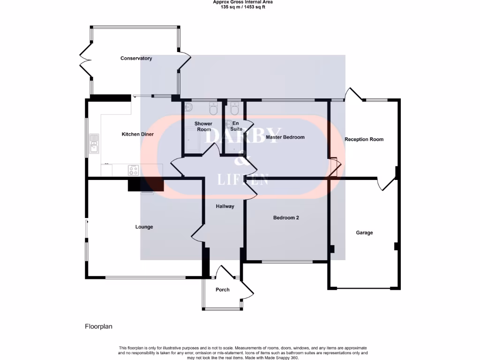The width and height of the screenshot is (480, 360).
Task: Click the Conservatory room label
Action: (136, 59)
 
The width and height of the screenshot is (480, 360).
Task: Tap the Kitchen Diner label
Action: (138, 135)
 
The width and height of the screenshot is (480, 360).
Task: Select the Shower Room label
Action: (203, 127)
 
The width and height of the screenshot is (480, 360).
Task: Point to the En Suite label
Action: (236, 126)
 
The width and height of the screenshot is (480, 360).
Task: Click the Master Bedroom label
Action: (285, 137)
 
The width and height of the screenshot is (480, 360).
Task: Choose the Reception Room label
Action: (364, 139)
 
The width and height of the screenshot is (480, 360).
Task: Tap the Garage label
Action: (364, 232)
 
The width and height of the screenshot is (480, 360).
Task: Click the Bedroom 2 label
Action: (286, 218)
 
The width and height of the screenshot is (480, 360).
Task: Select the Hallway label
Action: (225, 206)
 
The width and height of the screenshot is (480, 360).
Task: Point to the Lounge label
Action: (144, 227)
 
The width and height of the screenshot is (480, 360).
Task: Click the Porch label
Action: (223, 290)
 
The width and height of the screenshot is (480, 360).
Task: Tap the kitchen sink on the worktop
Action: (94, 144)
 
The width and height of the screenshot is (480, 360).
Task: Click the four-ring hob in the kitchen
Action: (133, 170)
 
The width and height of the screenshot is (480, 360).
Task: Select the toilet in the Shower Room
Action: (213, 109)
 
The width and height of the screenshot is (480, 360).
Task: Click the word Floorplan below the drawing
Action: (98, 326)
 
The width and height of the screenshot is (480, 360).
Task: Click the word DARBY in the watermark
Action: (243, 135)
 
